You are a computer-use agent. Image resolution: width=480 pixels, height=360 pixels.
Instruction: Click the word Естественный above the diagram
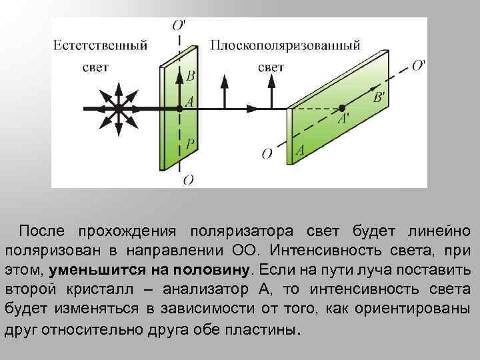[100, 46]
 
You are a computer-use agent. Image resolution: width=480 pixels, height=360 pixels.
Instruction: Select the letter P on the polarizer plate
[191, 143]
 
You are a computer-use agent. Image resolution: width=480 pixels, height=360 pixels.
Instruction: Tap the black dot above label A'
[341, 107]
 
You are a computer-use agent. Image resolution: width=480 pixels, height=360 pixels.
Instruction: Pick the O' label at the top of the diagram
[179, 25]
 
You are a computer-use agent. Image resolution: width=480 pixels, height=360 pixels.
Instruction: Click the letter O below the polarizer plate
[188, 179]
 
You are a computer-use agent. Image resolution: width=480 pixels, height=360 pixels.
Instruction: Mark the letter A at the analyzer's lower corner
[301, 152]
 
